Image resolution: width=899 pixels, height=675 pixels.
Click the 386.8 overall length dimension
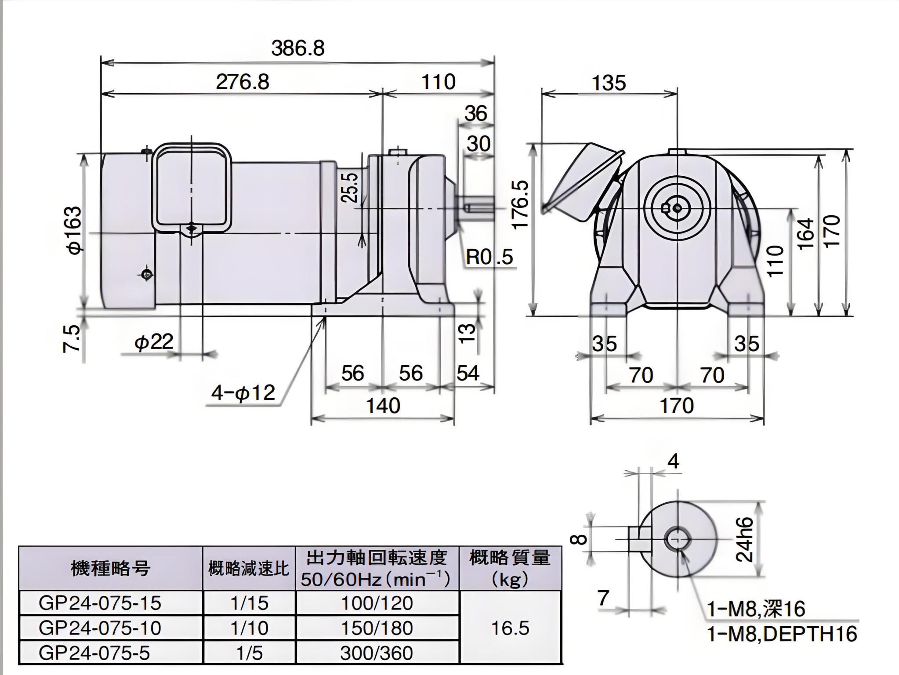click(x=297, y=48)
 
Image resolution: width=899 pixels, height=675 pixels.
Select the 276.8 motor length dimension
click(x=242, y=82)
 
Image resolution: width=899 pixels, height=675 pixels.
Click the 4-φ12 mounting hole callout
click(x=243, y=392)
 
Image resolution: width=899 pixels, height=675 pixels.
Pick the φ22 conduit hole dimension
click(x=154, y=341)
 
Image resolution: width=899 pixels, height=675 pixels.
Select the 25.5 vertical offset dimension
click(x=350, y=187)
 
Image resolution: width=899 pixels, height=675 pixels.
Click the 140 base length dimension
click(x=383, y=406)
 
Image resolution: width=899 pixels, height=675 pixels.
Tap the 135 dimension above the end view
click(x=609, y=83)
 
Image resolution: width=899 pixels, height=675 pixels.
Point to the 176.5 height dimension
click(x=521, y=204)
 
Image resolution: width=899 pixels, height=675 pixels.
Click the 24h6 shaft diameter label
click(x=744, y=539)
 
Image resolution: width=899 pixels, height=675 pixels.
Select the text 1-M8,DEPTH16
click(x=782, y=634)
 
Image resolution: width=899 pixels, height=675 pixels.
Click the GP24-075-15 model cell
click(x=100, y=603)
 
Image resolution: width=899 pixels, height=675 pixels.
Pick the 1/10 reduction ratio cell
click(x=249, y=628)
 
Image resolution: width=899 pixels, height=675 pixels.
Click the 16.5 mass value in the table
click(x=510, y=628)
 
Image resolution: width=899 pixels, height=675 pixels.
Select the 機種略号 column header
click(x=110, y=569)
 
